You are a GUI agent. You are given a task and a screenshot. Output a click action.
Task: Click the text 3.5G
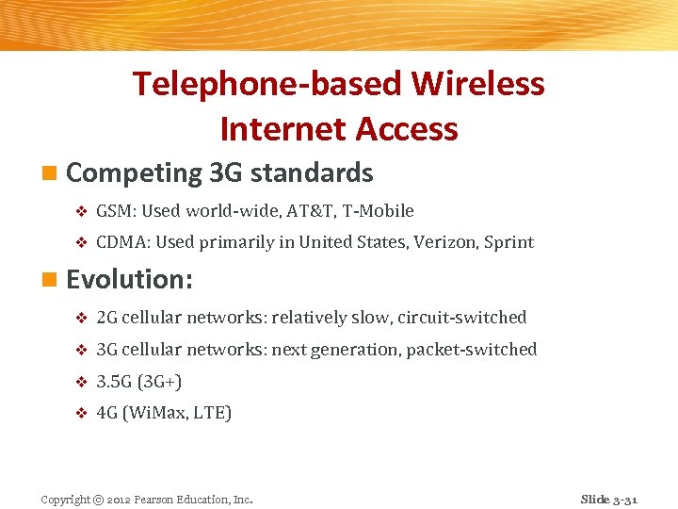[115, 382]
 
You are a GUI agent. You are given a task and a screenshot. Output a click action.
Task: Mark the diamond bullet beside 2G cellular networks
[80, 319]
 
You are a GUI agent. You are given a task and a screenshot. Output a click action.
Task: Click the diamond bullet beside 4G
[80, 414]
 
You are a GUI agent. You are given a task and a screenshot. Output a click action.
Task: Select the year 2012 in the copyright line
[120, 500]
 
